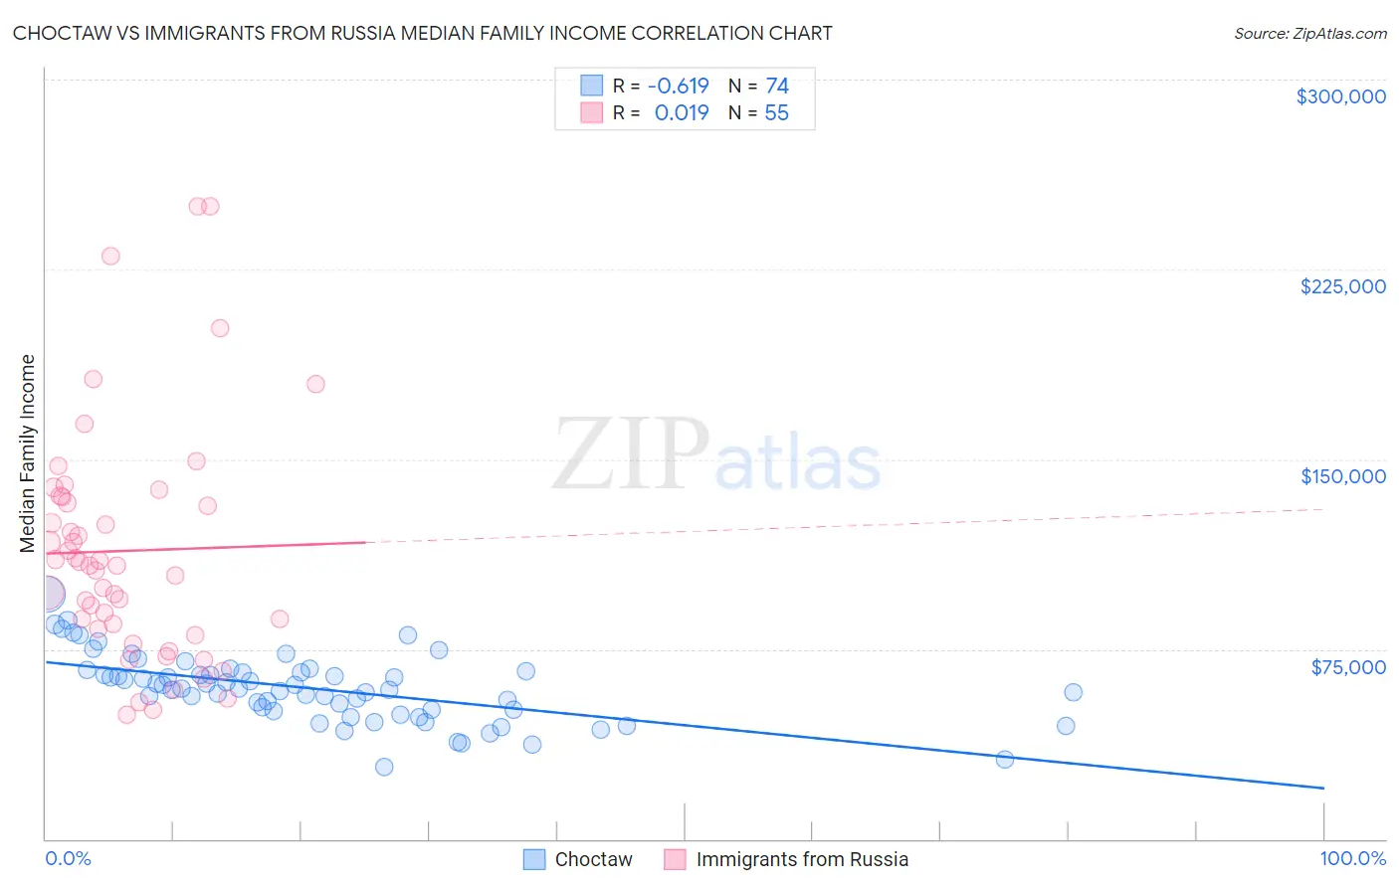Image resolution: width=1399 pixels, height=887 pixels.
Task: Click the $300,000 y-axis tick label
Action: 1340,96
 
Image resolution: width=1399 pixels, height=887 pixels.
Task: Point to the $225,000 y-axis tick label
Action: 1342,286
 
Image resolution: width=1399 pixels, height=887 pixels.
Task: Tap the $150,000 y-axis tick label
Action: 1342,476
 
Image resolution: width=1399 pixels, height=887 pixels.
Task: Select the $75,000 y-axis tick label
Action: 1347,666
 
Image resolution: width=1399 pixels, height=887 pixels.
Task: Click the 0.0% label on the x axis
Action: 68,858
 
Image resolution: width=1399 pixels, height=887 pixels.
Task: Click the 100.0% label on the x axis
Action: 1352,858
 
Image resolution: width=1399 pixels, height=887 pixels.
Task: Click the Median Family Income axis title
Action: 28,453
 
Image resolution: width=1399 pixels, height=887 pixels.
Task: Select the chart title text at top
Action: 422,33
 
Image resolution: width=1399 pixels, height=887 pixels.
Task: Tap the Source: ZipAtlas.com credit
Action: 1309,34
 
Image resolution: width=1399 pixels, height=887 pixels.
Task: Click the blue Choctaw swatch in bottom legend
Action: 534,859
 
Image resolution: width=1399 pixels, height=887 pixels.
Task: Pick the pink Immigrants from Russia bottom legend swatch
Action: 676,859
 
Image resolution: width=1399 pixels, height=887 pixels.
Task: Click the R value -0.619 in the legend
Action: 678,86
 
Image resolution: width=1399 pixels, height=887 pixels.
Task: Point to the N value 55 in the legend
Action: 776,113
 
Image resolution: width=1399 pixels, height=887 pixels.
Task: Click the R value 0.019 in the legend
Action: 682,113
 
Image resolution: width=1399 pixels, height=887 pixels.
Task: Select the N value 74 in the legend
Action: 776,86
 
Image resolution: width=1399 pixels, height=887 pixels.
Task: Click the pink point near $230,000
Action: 110,257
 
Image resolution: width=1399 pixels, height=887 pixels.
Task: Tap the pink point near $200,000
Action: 220,328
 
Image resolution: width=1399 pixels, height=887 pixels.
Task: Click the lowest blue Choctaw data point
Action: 384,767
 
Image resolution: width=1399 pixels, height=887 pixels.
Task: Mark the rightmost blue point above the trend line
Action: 1073,692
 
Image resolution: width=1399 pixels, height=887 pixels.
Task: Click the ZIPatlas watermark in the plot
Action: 716,454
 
